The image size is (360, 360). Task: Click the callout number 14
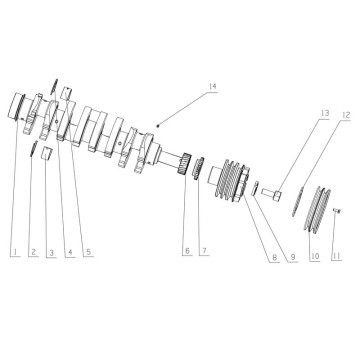coord(212,87)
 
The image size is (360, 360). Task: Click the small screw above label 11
coord(337,210)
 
